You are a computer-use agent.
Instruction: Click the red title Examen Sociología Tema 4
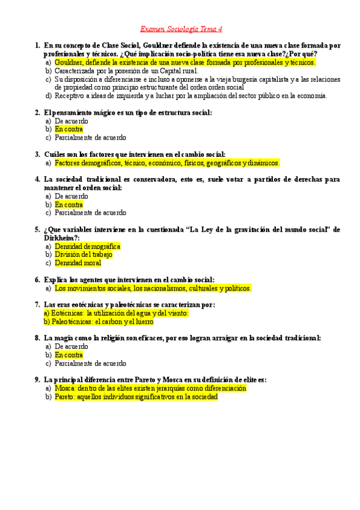tap(181, 29)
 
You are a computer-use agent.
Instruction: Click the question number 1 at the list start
tap(37, 45)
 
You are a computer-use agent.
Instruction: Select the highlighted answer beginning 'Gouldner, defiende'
tap(185, 62)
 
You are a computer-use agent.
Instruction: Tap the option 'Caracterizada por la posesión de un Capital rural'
tap(126, 70)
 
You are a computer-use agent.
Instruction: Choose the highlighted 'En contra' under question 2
tap(69, 129)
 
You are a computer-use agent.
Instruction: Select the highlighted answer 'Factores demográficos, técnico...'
tap(166, 163)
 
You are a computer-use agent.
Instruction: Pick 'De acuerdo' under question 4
tap(71, 196)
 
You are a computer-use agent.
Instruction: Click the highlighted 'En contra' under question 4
tap(69, 204)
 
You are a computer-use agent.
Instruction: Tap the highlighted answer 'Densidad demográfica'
tap(87, 247)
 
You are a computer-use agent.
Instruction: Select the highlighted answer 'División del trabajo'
tap(83, 254)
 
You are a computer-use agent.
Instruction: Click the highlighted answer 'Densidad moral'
tap(78, 263)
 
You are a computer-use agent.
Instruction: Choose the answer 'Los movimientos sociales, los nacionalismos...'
tap(153, 288)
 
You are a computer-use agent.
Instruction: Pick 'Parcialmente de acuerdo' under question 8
tap(90, 363)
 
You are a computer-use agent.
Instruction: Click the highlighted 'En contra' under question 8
tap(69, 355)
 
